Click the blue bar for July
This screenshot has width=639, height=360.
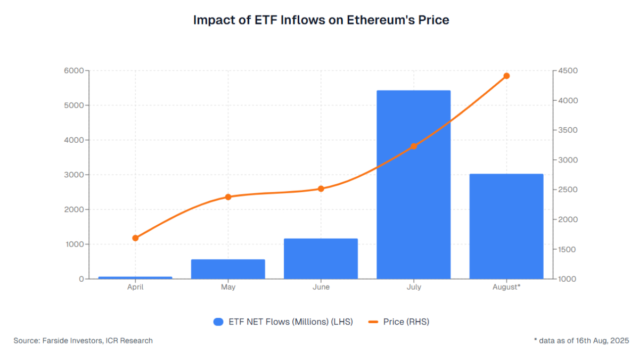point(413,184)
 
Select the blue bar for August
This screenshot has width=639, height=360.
point(506,226)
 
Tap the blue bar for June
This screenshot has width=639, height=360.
point(321,259)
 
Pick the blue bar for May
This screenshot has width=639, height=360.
point(228,269)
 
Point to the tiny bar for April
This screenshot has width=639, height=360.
point(135,277)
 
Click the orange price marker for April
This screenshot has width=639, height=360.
point(135,238)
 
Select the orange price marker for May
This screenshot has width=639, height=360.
point(228,197)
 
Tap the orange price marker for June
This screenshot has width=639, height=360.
point(321,189)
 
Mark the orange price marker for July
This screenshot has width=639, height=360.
point(413,146)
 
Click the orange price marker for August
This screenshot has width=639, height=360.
point(506,76)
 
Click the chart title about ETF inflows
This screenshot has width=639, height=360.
point(321,20)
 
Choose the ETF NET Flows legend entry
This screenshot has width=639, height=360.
point(283,322)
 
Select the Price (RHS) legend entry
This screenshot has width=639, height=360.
point(399,322)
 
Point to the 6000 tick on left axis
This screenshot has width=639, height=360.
point(74,71)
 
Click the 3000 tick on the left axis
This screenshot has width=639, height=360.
point(74,175)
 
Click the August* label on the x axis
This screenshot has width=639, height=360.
point(506,287)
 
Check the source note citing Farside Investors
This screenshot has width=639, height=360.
point(83,340)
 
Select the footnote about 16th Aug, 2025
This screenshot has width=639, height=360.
point(581,340)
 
